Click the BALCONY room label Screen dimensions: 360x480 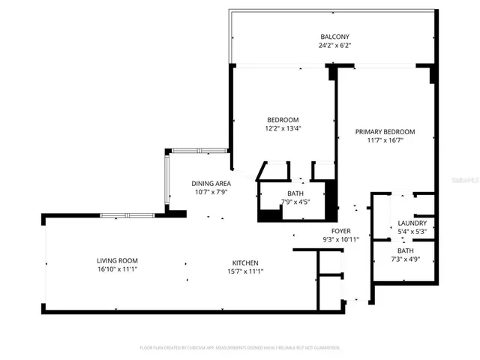(334, 37)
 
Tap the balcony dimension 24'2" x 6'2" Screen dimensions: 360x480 (334, 45)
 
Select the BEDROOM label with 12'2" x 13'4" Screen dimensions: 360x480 (283, 120)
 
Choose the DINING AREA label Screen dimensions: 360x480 (211, 183)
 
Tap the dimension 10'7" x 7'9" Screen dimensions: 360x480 (211, 191)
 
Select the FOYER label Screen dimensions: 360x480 (341, 231)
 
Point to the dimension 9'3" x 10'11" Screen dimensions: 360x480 (341, 239)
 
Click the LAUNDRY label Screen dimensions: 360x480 (412, 223)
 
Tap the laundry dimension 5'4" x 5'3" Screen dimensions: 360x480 (412, 231)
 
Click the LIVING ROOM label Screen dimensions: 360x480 (115, 262)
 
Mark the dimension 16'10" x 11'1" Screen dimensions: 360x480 (115, 270)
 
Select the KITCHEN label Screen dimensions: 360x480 (245, 262)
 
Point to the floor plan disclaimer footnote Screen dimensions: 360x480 (240, 348)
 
